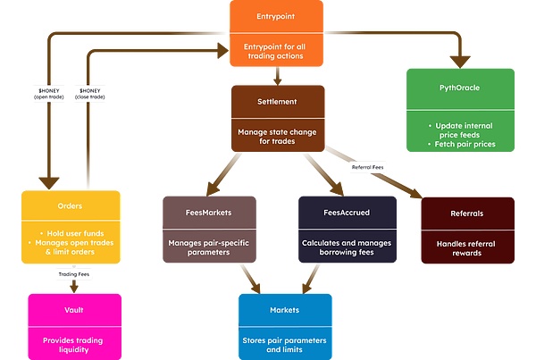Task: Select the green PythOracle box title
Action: coord(460,89)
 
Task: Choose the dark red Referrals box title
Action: coord(467,213)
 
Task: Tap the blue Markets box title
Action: coord(284,310)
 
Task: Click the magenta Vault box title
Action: coord(74,309)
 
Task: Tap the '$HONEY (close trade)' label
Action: coord(95,94)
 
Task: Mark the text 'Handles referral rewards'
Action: coord(467,247)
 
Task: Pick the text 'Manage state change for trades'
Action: coord(277,136)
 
